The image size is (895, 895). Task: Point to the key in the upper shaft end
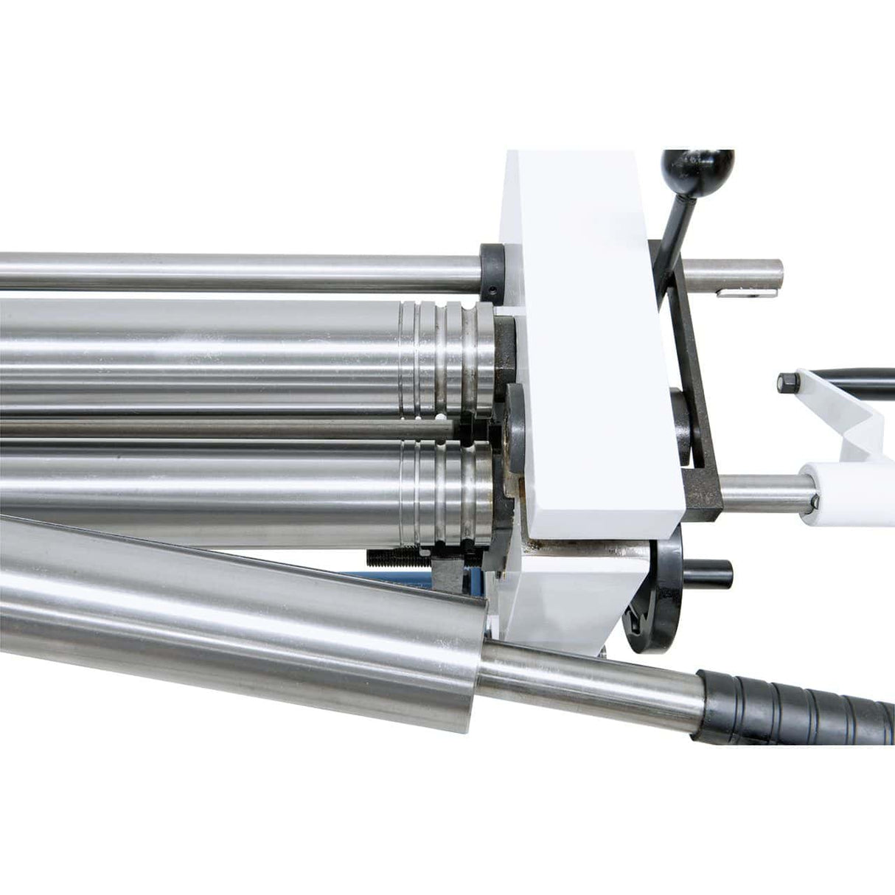737,293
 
